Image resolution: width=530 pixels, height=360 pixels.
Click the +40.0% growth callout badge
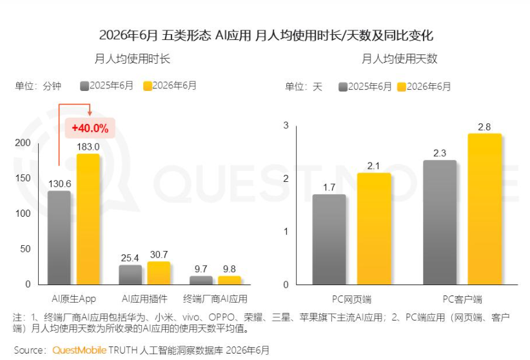[90, 128]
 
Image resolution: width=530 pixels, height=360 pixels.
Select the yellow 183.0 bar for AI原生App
[88, 219]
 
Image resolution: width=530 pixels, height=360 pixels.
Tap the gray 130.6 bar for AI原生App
[59, 237]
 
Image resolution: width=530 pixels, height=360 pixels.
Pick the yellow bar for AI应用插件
[159, 273]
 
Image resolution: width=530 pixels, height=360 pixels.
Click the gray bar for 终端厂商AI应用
[201, 280]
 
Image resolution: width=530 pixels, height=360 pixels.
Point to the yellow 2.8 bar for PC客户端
[485, 209]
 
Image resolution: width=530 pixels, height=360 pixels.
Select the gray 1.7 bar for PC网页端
[329, 239]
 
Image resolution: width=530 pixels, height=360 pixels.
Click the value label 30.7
[159, 254]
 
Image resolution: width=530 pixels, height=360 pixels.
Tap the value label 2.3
[440, 154]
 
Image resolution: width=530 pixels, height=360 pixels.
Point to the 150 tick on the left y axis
[23, 178]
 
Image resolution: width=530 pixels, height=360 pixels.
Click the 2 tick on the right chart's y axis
[286, 178]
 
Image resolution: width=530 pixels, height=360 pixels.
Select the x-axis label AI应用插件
[144, 299]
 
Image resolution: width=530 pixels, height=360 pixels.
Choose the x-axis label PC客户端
[462, 299]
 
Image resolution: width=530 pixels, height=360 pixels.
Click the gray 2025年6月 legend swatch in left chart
[84, 86]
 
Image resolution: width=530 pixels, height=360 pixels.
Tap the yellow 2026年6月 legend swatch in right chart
[402, 87]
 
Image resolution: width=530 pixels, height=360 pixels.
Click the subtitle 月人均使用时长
[132, 59]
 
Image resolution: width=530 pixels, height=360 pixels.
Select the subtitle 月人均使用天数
[400, 59]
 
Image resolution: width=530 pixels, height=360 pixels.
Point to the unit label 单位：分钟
[38, 86]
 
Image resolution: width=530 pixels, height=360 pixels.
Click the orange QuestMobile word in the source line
[79, 350]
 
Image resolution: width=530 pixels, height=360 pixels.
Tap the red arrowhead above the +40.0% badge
[90, 112]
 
